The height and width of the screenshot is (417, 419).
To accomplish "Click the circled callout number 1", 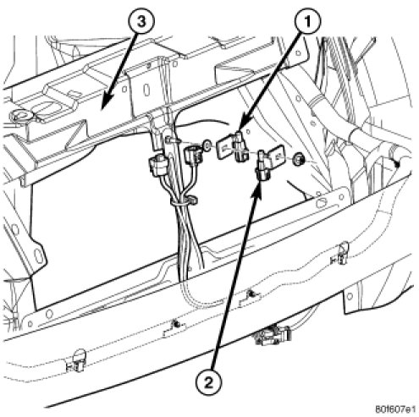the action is point(308,21).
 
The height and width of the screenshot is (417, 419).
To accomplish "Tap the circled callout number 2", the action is point(208,382).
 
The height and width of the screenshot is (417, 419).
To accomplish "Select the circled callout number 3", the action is point(141,21).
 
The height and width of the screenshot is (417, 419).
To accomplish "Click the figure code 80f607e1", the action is point(395,409).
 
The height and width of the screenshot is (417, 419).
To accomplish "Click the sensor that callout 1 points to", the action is point(240,146).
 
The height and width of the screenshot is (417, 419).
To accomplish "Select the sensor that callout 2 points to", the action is point(262,167).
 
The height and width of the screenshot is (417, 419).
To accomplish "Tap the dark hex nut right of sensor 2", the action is point(299,159).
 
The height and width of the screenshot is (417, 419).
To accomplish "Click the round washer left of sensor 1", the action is point(207,145).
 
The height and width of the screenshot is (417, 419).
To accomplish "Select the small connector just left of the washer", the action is point(192,154).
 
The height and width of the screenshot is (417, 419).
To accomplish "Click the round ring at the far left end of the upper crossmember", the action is point(21,116).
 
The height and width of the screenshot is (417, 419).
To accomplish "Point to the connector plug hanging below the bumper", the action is point(272,335).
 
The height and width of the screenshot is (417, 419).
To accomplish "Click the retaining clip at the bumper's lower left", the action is point(75,360).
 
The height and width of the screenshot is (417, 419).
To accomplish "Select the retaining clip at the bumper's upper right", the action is point(340,254).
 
